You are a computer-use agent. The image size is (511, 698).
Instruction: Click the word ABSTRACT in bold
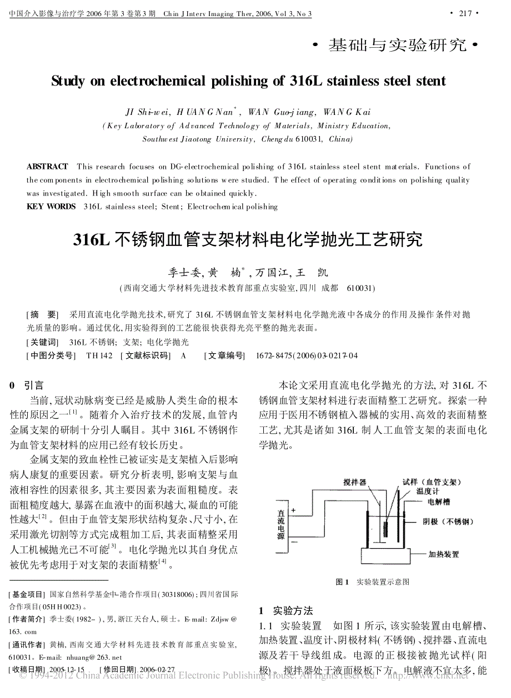pyautogui.click(x=47, y=167)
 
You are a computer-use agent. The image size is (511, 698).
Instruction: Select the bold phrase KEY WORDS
pyautogui.click(x=51, y=207)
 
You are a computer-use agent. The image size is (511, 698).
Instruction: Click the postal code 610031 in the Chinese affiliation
pyautogui.click(x=360, y=288)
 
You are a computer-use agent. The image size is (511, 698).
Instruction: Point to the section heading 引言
pyautogui.click(x=34, y=385)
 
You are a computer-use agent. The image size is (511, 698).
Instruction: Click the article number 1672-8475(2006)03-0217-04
pyautogui.click(x=307, y=355)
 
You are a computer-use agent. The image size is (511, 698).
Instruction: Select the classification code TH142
pyautogui.click(x=99, y=355)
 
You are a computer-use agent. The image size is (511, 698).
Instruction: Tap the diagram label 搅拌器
pyautogui.click(x=355, y=482)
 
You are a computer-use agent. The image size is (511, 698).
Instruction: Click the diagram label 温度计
pyautogui.click(x=428, y=491)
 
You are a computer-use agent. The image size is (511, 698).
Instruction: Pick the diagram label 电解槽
pyautogui.click(x=439, y=502)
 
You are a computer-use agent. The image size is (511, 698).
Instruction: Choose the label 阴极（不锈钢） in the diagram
pyautogui.click(x=450, y=522)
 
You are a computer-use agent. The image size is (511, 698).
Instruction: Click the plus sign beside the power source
pyautogui.click(x=294, y=510)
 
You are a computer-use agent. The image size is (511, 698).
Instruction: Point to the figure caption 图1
pyautogui.click(x=342, y=582)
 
